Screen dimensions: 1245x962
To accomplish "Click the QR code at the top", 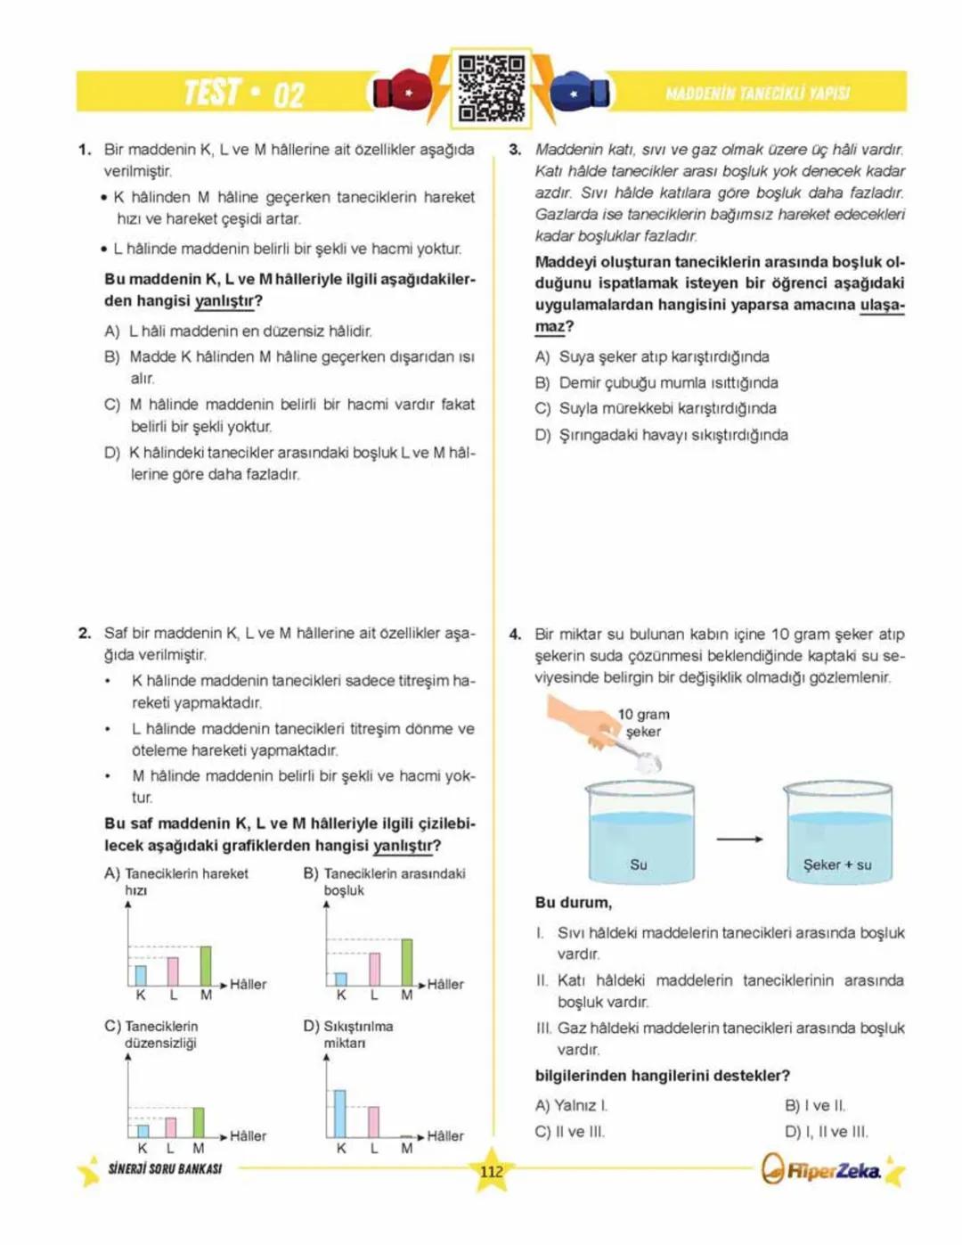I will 491,88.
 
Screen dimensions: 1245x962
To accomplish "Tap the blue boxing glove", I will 579,91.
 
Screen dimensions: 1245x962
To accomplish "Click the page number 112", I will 492,1172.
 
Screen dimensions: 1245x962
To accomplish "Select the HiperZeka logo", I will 823,1170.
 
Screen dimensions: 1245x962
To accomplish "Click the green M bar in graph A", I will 206,965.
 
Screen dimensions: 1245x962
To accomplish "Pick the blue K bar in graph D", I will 339,1113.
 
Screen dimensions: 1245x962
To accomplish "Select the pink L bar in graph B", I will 374,969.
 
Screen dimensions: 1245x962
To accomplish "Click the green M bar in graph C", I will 199,1123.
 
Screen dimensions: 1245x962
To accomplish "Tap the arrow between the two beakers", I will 739,840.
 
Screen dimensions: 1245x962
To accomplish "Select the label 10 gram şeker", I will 644,723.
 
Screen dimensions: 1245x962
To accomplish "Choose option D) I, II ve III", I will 826,1132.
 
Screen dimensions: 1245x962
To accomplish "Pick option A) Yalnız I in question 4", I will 571,1105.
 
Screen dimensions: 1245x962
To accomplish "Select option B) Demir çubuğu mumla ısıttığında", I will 656,382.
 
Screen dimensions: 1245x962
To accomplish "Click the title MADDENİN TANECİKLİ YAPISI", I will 757,93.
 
